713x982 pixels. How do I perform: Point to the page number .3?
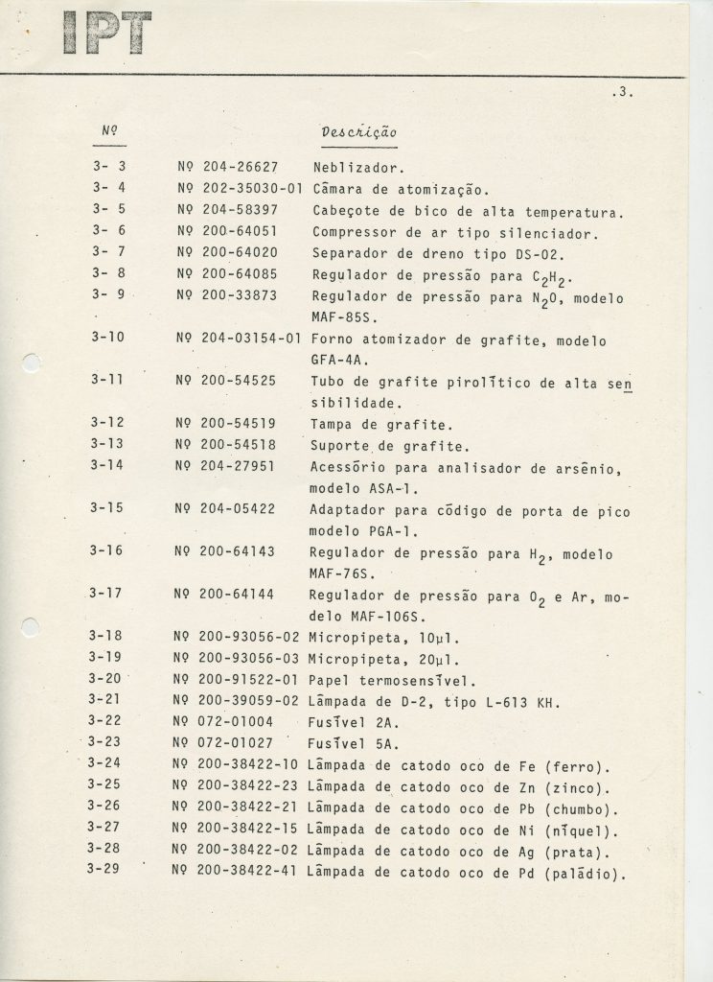click(x=622, y=93)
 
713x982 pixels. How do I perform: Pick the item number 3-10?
click(x=108, y=339)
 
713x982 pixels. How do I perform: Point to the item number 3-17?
click(x=107, y=594)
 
